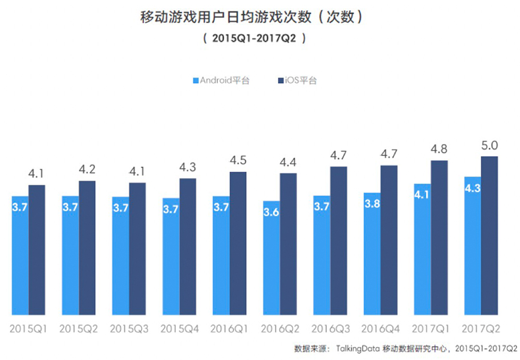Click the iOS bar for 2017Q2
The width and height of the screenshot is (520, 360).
489,236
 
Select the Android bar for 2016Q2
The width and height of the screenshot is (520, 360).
271,258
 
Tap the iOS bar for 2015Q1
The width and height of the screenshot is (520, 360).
36,250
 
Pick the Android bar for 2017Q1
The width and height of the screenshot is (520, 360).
422,249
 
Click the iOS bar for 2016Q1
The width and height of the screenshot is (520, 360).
238,243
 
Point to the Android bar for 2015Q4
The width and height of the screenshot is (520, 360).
171,257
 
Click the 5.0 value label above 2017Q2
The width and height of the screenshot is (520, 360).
490,145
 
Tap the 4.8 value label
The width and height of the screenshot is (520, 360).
439,150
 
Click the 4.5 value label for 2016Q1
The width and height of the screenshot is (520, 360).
238,161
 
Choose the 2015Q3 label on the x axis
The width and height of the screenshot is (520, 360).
129,329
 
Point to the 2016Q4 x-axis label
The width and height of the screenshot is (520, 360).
380,329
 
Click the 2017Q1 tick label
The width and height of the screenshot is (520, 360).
430,329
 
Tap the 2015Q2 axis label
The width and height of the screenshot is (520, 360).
79,329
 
